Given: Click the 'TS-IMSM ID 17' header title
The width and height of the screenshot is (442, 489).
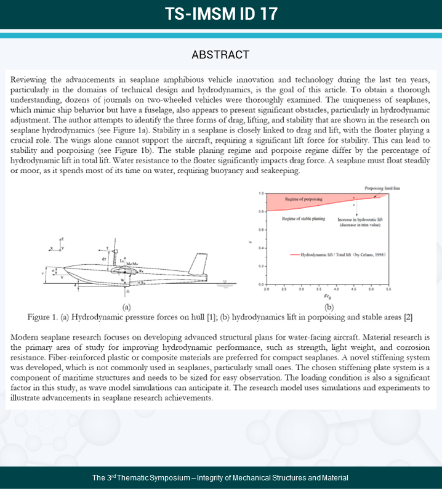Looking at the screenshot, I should [x=220, y=14].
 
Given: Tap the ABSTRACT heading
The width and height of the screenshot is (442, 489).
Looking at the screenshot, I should [x=220, y=55].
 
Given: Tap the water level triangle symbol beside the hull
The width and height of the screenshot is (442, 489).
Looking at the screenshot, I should [x=209, y=282].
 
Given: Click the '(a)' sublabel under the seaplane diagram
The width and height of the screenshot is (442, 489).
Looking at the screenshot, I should [x=126, y=307].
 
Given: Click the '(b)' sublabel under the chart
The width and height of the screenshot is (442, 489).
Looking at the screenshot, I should [x=328, y=307].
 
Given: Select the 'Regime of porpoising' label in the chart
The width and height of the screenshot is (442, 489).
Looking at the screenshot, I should [x=304, y=200].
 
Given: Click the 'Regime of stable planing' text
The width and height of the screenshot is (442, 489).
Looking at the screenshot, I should [x=303, y=219].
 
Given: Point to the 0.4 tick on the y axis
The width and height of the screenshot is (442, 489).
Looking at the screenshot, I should [x=261, y=248].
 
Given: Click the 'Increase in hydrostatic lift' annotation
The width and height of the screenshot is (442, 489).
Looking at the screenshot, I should [x=361, y=219].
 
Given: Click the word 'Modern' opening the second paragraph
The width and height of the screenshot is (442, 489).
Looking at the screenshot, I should [x=26, y=339].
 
